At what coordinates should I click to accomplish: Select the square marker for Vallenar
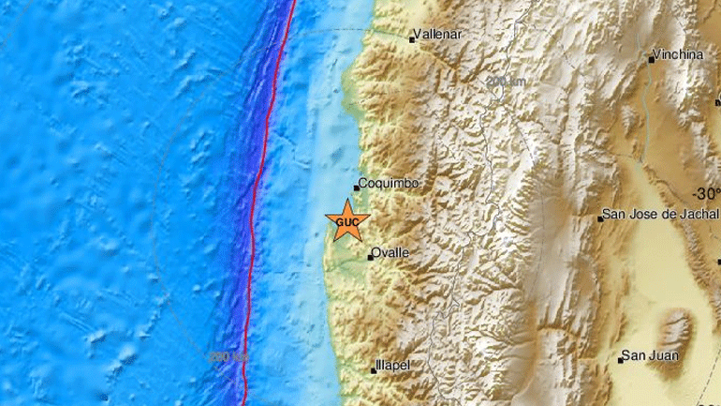point(412,39)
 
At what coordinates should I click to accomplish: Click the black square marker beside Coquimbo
point(356,188)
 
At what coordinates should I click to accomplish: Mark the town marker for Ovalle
point(370,256)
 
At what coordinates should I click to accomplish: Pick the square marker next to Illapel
point(374,369)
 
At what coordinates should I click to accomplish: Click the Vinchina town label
point(680,54)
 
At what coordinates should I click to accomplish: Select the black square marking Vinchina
point(652,59)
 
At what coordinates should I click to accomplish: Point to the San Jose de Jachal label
point(661,214)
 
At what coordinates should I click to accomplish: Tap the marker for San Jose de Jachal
point(600,218)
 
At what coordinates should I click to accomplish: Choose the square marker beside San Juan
point(621,360)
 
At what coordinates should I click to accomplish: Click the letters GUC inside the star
point(346,222)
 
